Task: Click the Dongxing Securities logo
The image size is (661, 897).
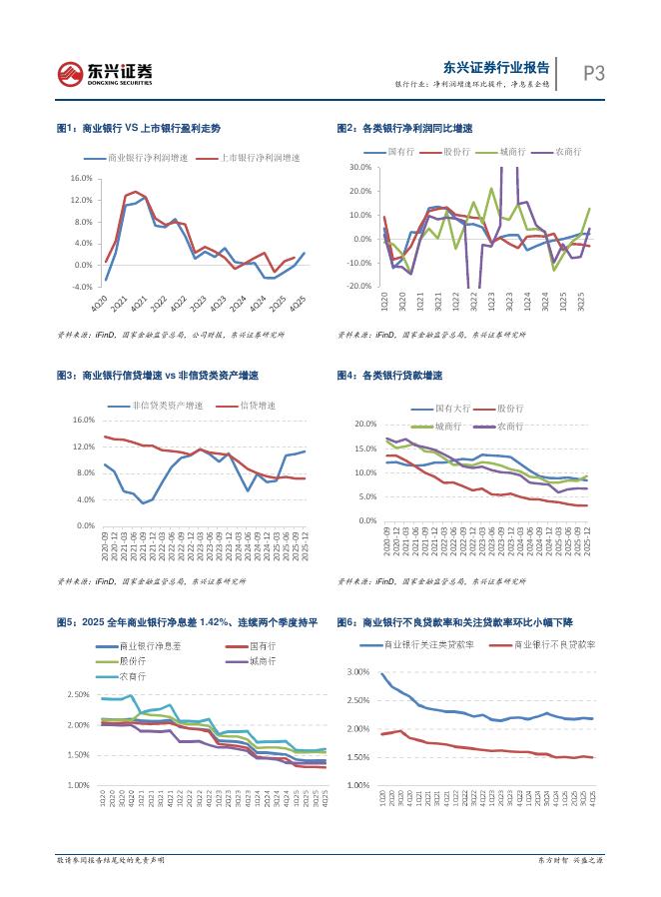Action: click(106, 72)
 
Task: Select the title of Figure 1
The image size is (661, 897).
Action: click(139, 129)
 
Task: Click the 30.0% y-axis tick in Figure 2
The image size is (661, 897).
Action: click(358, 167)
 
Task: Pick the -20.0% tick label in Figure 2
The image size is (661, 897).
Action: click(358, 287)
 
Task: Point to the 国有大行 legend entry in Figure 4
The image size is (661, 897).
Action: click(452, 410)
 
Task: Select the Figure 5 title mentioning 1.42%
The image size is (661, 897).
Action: click(186, 622)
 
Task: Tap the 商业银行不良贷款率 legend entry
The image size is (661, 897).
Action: click(554, 646)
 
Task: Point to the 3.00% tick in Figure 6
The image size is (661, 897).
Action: click(357, 672)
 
